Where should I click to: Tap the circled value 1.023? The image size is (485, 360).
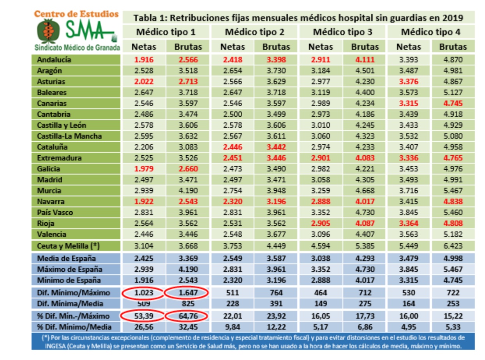coord(144,293)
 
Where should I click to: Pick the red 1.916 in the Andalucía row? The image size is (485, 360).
coord(144,60)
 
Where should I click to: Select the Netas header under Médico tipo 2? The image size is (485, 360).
coord(233,47)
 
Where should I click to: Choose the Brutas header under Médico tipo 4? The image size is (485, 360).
coord(453,47)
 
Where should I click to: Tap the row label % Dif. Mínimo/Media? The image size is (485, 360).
coord(69,327)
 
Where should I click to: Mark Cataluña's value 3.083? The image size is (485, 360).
coord(188,148)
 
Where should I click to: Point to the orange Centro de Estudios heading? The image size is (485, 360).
coord(76,14)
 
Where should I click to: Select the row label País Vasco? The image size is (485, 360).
coord(55,213)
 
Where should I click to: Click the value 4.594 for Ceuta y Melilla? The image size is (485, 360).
coord(321,246)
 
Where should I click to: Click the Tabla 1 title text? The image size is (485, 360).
coord(298,18)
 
